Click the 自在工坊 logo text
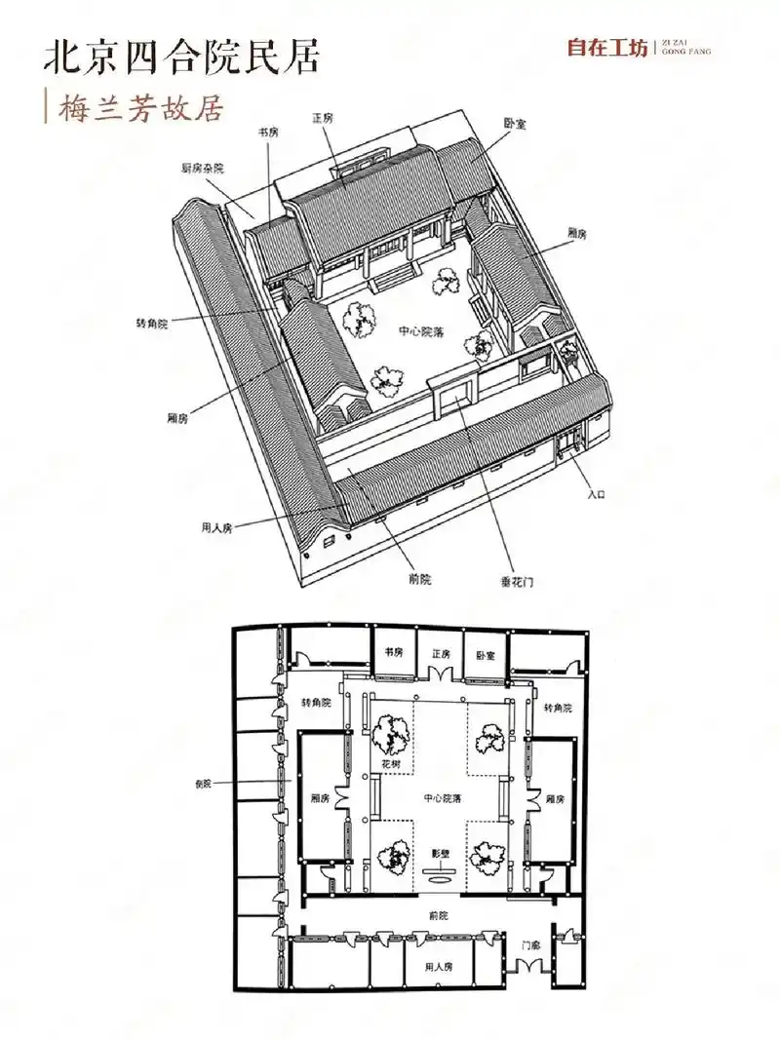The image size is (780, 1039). click(x=607, y=48)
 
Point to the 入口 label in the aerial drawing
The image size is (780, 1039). click(x=597, y=494)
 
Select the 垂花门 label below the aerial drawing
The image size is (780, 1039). click(x=517, y=583)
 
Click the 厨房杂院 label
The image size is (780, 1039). click(x=202, y=169)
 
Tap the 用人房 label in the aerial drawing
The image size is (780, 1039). click(x=216, y=529)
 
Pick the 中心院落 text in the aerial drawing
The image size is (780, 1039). click(x=421, y=331)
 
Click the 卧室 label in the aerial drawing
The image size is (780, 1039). click(x=515, y=123)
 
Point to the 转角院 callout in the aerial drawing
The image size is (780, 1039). click(x=152, y=324)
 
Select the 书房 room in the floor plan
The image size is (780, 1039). click(x=394, y=652)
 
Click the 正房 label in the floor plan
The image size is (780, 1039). click(x=442, y=654)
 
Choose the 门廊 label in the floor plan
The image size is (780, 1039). click(x=530, y=945)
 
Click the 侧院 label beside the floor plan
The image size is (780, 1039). click(x=203, y=784)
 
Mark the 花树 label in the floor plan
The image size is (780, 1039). click(x=391, y=764)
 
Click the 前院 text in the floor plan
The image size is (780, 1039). click(x=439, y=916)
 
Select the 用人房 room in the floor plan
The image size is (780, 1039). click(x=439, y=967)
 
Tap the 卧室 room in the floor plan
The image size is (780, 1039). click(x=486, y=655)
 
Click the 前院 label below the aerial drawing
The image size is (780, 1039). click(x=420, y=579)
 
